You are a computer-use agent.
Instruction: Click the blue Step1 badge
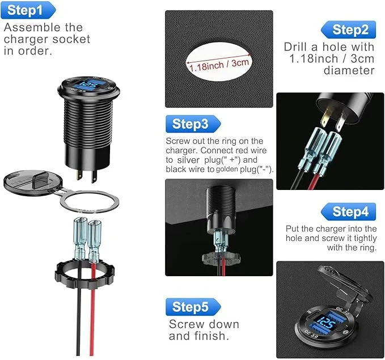pos(28,10)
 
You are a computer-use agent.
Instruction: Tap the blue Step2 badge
pos(348,29)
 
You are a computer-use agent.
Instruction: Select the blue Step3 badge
pos(193,124)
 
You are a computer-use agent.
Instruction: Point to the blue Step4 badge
pos(348,211)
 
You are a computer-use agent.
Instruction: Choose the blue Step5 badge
pos(193,307)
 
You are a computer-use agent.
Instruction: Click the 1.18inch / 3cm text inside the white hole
pos(219,65)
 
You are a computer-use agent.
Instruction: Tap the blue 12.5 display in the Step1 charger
pos(87,86)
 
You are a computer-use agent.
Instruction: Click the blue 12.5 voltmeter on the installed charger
pos(327,323)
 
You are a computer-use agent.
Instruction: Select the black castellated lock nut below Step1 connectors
pos(84,275)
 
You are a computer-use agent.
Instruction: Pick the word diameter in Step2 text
pos(349,70)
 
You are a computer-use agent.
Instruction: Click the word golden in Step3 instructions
pos(227,169)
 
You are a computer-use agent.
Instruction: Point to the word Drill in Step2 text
pos(295,47)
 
